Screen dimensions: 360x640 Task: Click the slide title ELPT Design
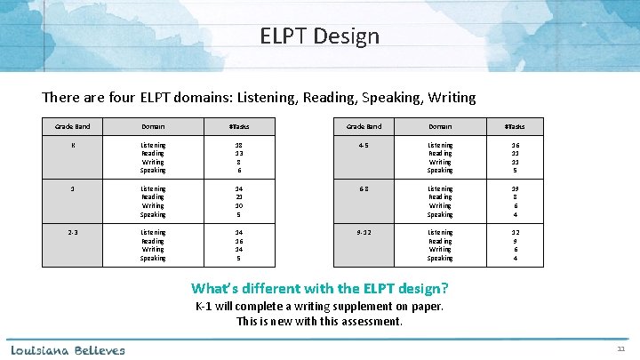click(x=319, y=36)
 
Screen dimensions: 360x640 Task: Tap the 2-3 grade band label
click(x=73, y=232)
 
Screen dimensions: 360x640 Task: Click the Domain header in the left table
click(x=153, y=126)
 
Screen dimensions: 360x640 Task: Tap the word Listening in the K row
click(x=153, y=143)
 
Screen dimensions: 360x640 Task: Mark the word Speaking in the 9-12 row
click(x=440, y=259)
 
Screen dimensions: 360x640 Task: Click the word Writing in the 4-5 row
click(x=440, y=161)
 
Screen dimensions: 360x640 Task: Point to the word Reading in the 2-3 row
click(x=153, y=241)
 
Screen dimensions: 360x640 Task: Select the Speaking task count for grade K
click(x=238, y=170)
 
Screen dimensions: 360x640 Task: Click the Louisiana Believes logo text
click(x=68, y=349)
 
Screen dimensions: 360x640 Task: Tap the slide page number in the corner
click(x=620, y=350)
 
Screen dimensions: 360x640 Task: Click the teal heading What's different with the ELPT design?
click(x=319, y=289)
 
